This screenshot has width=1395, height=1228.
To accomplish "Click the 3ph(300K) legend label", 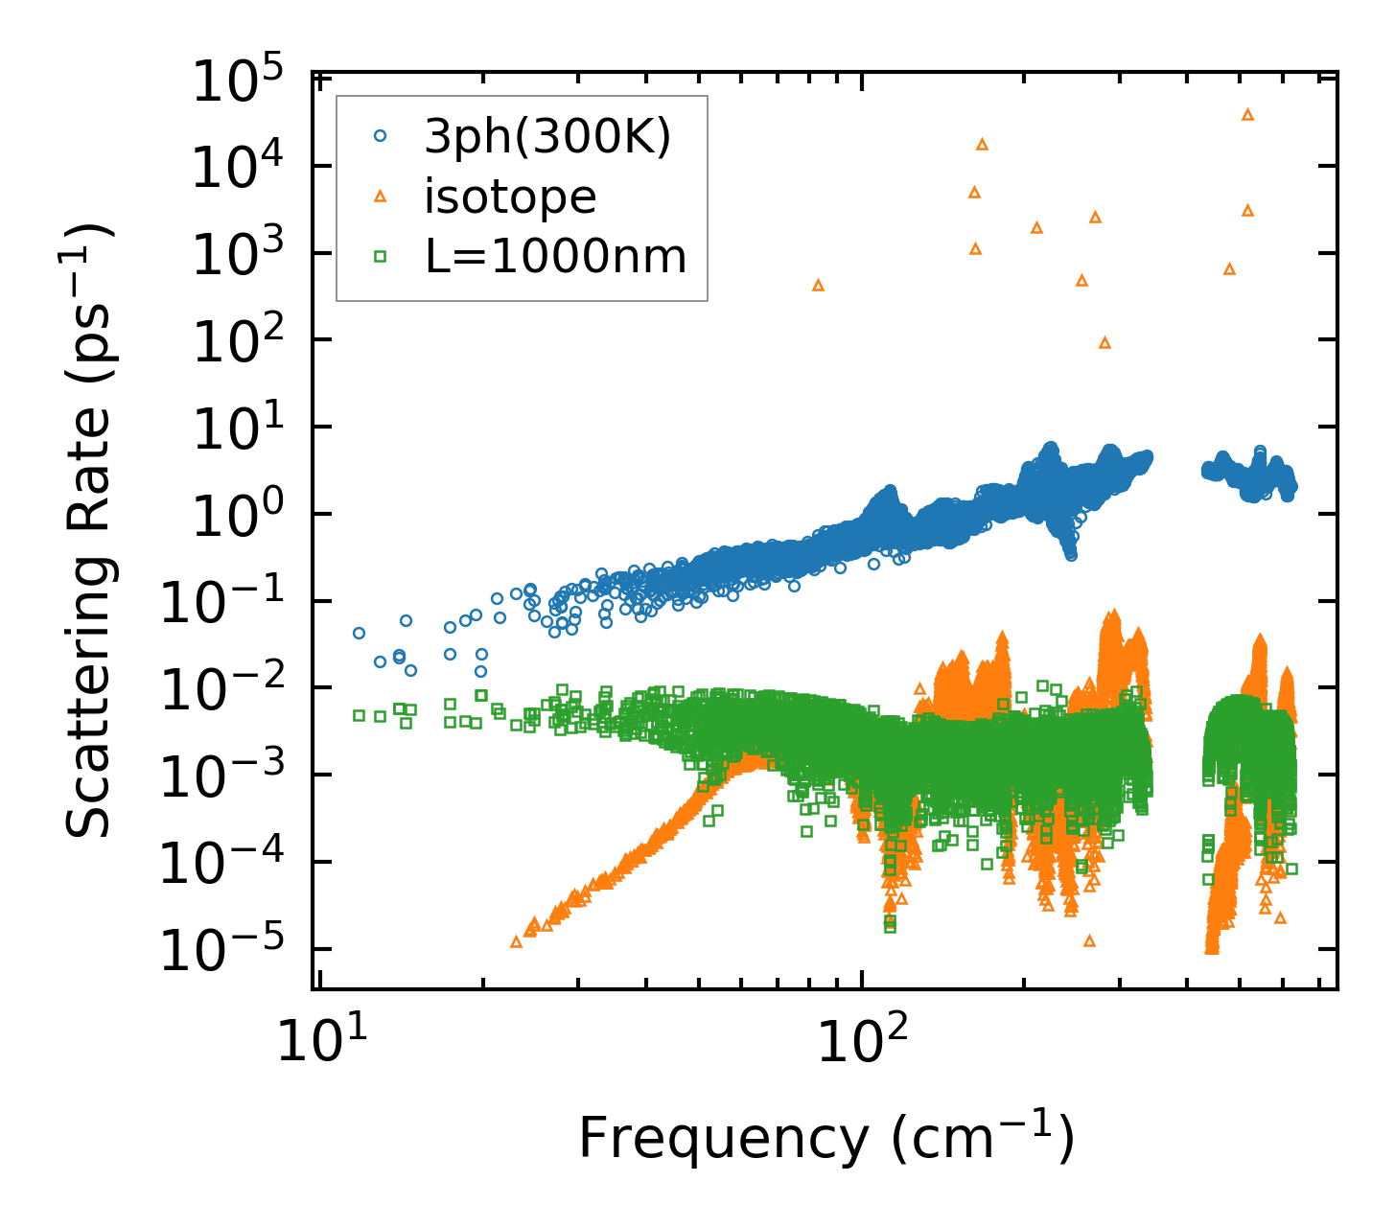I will [547, 136].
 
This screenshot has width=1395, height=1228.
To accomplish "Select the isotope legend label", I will [510, 197].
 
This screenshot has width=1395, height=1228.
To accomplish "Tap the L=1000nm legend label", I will [555, 257].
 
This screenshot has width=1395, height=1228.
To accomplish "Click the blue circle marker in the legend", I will [380, 136].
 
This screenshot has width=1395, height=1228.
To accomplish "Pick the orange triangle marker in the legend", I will [380, 197].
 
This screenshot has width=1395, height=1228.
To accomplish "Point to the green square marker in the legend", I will [380, 257].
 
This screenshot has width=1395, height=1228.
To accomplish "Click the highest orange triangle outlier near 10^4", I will [1247, 114].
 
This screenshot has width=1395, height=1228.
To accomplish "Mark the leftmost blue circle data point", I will [359, 633].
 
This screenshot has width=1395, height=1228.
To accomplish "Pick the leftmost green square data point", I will [359, 715].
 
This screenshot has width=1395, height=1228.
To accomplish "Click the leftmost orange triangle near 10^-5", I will [516, 942].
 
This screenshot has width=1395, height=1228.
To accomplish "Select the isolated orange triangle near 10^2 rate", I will [1104, 342].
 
